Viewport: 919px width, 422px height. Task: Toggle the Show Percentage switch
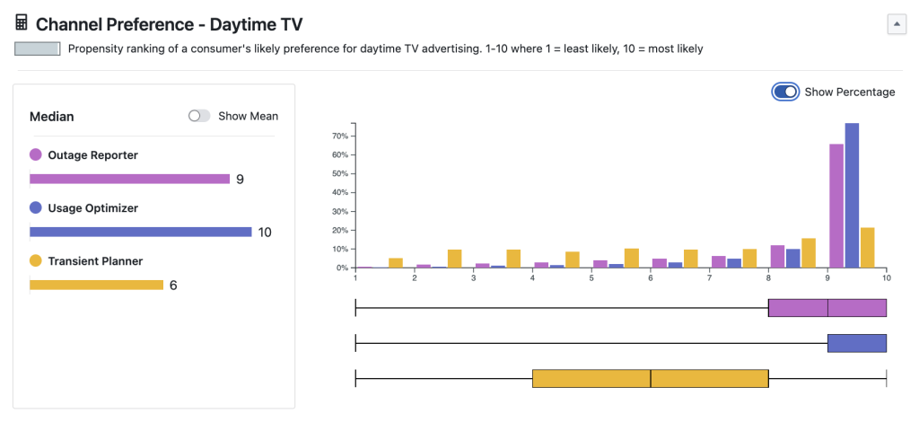coord(785,92)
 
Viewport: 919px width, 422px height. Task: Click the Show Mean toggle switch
coord(199,116)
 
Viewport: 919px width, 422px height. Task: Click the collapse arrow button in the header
coord(897,24)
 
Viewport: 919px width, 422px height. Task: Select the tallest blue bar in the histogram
coord(852,195)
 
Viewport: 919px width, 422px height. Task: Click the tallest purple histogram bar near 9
coord(836,206)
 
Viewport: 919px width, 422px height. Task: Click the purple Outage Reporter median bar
coord(129,179)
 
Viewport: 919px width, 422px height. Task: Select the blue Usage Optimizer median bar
coord(140,232)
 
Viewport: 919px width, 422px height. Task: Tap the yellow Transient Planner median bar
coord(96,285)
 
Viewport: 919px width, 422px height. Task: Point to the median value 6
coord(173,286)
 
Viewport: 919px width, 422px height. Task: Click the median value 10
coord(265,233)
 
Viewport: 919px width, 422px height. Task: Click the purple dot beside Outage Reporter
coord(36,155)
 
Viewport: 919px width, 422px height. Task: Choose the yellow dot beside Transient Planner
coord(36,261)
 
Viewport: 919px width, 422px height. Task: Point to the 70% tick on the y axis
coord(341,136)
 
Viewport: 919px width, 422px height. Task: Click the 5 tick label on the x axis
coord(592,278)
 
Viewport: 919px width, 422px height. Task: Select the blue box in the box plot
coord(857,343)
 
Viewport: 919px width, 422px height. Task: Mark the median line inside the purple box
coord(827,308)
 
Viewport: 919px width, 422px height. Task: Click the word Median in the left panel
coord(52,117)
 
